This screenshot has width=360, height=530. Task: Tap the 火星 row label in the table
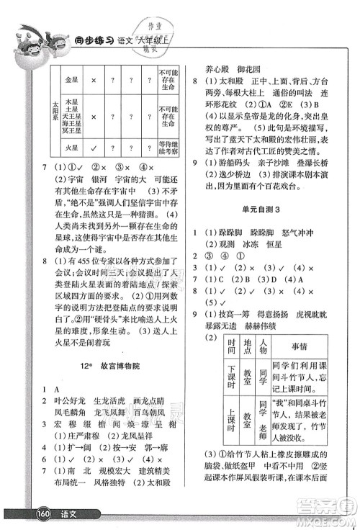[71, 148]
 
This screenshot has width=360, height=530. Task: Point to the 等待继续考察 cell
[169, 148]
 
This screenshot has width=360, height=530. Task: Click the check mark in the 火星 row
[95, 148]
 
